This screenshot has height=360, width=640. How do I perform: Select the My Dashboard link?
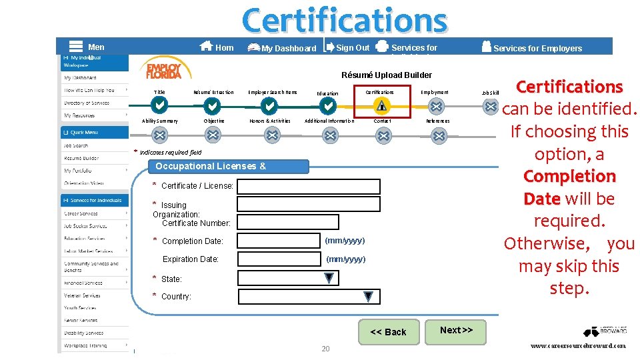tap(282, 48)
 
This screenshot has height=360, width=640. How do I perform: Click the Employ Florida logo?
tap(163, 69)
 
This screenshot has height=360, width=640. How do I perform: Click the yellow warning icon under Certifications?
tap(381, 105)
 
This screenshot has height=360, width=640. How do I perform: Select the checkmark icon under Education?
tap(327, 106)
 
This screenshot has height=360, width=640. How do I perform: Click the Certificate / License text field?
tap(309, 187)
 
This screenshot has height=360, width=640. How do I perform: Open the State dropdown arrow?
tap(329, 278)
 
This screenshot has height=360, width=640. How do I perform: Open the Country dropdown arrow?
tap(368, 296)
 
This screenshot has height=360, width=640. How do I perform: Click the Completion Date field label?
tap(192, 241)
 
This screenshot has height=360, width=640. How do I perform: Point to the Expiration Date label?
tap(191, 259)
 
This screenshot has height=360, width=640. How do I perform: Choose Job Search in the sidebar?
tap(76, 145)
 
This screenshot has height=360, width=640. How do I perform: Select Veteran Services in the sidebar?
tap(82, 295)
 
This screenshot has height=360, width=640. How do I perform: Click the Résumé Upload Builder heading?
tap(387, 75)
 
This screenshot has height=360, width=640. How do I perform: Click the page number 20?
tap(325, 349)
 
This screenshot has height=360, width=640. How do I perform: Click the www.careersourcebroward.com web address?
tap(578, 346)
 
